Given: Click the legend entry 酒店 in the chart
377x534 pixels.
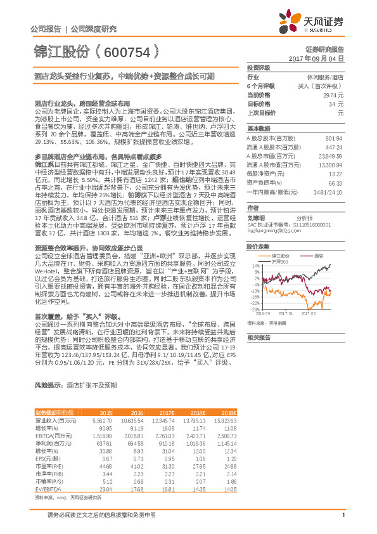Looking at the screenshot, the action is pyautogui.click(x=319, y=255).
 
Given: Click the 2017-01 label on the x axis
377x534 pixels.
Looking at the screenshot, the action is pyautogui.click(x=286, y=313).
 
